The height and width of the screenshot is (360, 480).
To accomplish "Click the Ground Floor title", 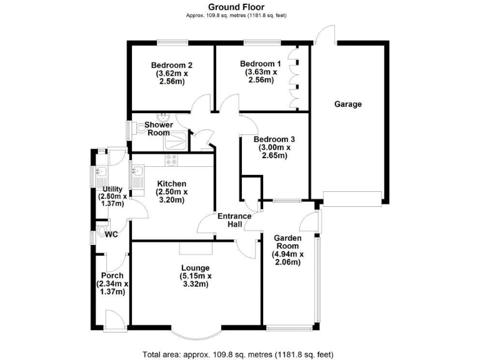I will (x=240, y=7).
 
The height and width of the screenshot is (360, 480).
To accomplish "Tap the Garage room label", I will (x=347, y=104).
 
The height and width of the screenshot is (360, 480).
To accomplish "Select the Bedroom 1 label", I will (x=260, y=64).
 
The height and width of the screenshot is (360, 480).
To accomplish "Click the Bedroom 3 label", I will (x=274, y=139).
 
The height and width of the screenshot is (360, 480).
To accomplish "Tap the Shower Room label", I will (x=158, y=129).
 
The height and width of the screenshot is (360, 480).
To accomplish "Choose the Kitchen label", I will (x=171, y=184).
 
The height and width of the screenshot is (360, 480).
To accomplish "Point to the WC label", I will (x=111, y=235).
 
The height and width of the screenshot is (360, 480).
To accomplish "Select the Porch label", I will (x=111, y=276).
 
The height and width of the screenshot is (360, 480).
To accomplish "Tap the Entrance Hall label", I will (x=234, y=221).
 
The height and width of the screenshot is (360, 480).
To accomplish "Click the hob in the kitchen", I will (x=172, y=161).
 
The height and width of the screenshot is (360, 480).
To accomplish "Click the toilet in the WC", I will (x=101, y=236).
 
